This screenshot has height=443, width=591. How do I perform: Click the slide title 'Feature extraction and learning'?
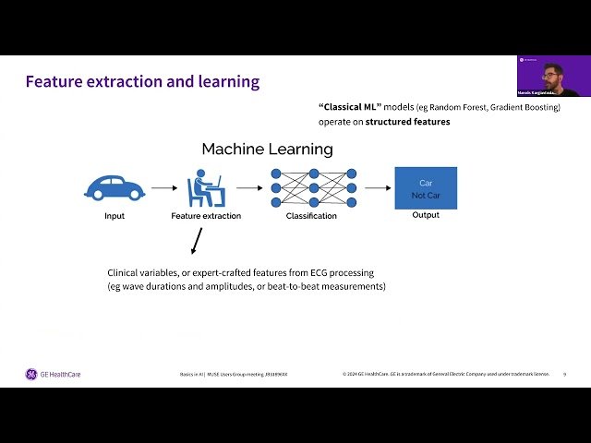click(x=142, y=81)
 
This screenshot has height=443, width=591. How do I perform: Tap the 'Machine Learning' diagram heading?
click(x=267, y=149)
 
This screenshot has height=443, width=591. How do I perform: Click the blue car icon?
click(x=115, y=187)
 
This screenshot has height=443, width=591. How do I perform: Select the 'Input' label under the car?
click(x=115, y=216)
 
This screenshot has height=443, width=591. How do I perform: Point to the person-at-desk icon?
click(x=205, y=187)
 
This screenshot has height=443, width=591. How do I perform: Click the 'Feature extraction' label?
click(x=206, y=216)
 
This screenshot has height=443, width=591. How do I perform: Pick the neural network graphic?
click(x=314, y=187)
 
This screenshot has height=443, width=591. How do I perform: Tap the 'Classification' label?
click(x=310, y=216)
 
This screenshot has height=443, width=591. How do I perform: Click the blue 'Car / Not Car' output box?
click(x=426, y=187)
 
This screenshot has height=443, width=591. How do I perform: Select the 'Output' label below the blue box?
click(x=426, y=215)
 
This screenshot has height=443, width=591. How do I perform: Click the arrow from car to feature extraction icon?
click(x=164, y=188)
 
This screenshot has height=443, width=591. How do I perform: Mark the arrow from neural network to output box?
click(x=377, y=188)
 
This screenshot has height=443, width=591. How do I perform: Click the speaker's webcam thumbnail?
click(x=548, y=76)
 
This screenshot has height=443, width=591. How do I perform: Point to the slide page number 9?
click(x=564, y=374)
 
